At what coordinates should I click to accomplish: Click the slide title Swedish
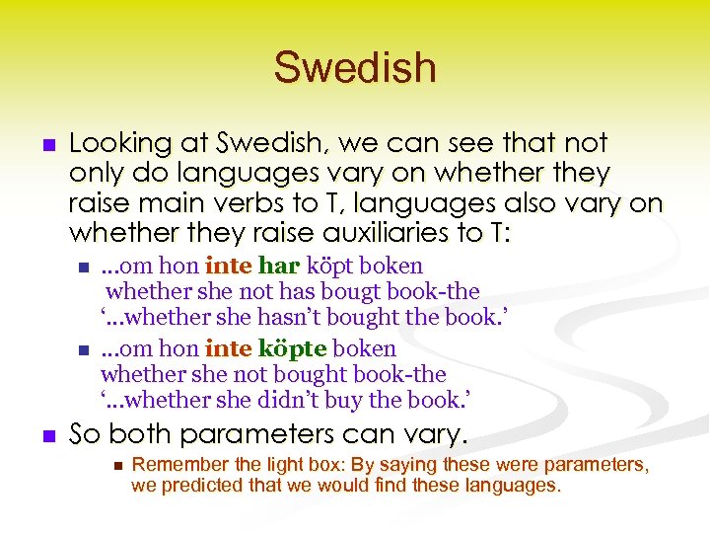pyautogui.click(x=355, y=68)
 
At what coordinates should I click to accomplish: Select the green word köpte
pyautogui.click(x=292, y=349)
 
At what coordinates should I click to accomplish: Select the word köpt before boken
pyautogui.click(x=332, y=266)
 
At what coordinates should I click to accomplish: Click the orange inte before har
pyautogui.click(x=228, y=266)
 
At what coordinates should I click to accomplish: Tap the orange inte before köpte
pyautogui.click(x=228, y=349)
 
